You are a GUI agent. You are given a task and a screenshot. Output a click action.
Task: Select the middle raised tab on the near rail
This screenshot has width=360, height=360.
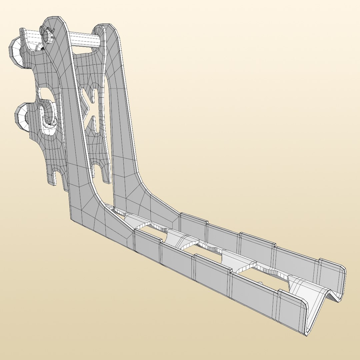tap(212, 273)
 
